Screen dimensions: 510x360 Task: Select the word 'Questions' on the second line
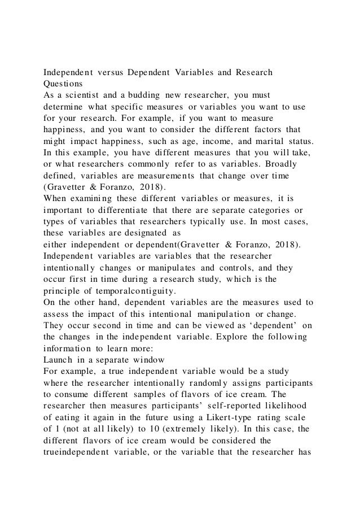click(64, 85)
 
